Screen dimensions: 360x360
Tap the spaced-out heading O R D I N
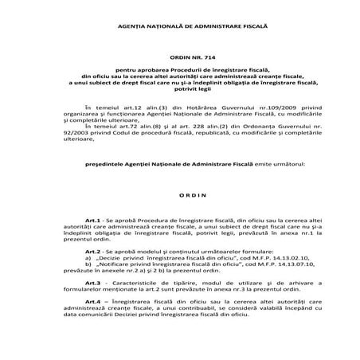[181, 195]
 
